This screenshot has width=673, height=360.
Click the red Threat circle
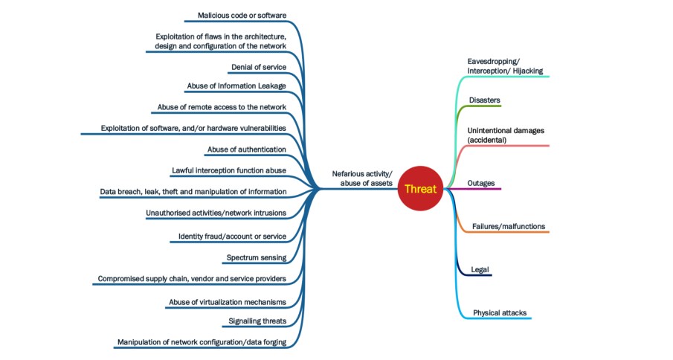pyautogui.click(x=421, y=189)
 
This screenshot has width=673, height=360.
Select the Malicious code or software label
pyautogui.click(x=242, y=16)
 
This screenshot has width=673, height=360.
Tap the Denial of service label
pyautogui.click(x=258, y=66)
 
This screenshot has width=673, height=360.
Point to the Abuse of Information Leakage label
pyautogui.click(x=236, y=86)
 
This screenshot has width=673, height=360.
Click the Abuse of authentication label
pyautogui.click(x=246, y=150)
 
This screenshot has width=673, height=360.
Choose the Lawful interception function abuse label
pyautogui.click(x=228, y=170)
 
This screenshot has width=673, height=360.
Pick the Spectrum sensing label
pyautogui.click(x=256, y=257)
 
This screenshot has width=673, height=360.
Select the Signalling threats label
pyautogui.click(x=258, y=321)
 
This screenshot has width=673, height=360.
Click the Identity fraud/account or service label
pyautogui.click(x=232, y=237)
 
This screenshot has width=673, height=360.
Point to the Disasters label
pyautogui.click(x=484, y=100)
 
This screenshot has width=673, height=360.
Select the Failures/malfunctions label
pyautogui.click(x=509, y=226)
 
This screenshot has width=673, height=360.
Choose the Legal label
pyautogui.click(x=480, y=269)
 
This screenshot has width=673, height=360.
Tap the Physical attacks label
pyautogui.click(x=500, y=312)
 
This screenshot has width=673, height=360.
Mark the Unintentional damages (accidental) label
pyautogui.click(x=506, y=135)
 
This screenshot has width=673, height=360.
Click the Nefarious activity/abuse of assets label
pyautogui.click(x=362, y=179)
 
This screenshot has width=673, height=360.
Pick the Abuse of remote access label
pyautogui.click(x=222, y=107)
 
